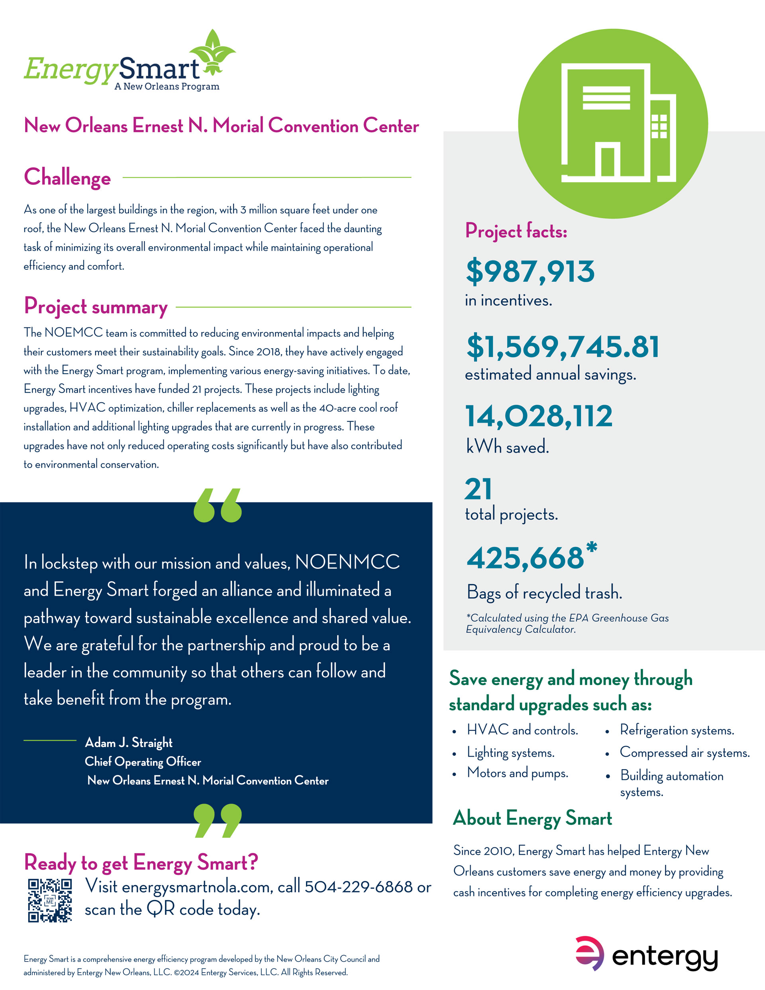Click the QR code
(x=50, y=900)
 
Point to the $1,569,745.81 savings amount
(x=562, y=347)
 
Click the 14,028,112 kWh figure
(x=539, y=416)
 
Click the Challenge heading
(x=67, y=177)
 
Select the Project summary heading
(x=96, y=307)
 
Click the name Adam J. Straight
(x=129, y=743)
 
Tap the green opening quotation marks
(x=218, y=506)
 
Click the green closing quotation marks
(x=218, y=820)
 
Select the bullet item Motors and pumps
(x=518, y=772)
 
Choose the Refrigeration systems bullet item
(x=677, y=730)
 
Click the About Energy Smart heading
(x=532, y=818)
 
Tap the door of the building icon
(x=608, y=162)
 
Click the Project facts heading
(x=516, y=231)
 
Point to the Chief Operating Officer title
(x=143, y=762)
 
